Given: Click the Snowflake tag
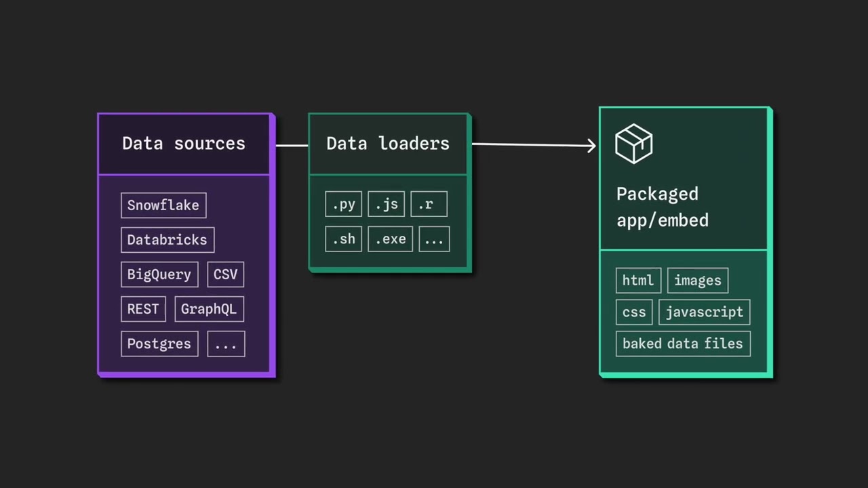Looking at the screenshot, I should point(163,205).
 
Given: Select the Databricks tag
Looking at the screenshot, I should point(167,240).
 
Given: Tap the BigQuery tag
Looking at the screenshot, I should point(159,274).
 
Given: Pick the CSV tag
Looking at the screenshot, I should point(225,274).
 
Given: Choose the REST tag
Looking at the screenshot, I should point(143,309).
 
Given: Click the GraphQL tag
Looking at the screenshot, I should point(209,309).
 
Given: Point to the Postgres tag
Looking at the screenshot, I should point(159,344).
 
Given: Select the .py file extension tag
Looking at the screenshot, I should point(343,205).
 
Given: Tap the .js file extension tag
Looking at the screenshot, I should point(386,205).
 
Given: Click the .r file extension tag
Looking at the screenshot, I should point(429,205).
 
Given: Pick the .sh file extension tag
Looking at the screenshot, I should point(343,239).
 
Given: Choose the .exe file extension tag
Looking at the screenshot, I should point(390,239).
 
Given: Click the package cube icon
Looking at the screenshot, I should point(633,144).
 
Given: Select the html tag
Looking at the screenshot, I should point(638,281).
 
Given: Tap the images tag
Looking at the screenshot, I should point(698,281).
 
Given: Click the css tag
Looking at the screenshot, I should point(634,312).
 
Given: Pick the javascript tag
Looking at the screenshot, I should point(705,312).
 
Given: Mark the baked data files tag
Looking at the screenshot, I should point(683,344).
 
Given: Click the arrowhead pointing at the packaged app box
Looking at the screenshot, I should point(592,145).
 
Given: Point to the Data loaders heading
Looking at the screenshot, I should point(388,144).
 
